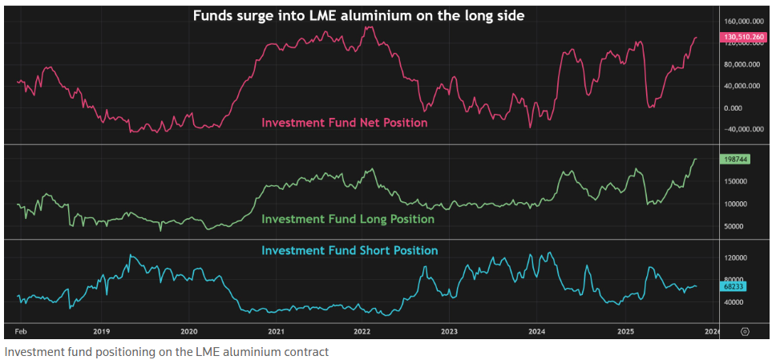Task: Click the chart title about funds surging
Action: point(358,14)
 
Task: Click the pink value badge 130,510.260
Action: point(745,37)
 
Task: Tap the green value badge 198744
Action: point(734,159)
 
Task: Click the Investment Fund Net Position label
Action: point(344,123)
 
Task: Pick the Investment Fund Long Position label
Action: point(348,219)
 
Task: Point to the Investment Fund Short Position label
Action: point(350,250)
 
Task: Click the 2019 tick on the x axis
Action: point(101,331)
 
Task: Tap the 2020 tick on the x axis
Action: point(188,331)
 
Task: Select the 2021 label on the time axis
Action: point(276,331)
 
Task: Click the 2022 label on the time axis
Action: point(362,331)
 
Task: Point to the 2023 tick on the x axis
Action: point(450,331)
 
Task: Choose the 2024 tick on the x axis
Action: point(537,331)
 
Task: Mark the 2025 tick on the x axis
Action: point(624,331)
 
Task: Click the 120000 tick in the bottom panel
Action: point(735,258)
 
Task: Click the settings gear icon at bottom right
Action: point(745,331)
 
